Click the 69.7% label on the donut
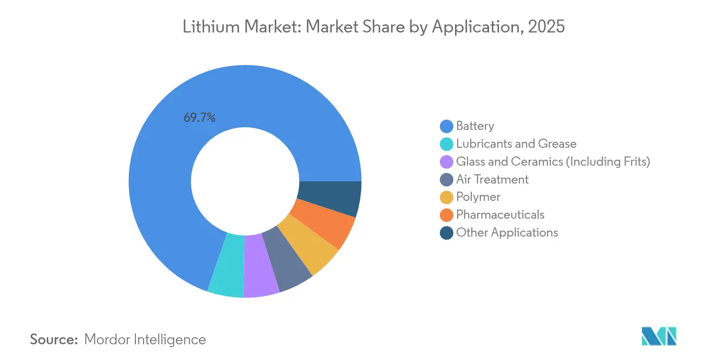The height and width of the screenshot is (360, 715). tap(199, 117)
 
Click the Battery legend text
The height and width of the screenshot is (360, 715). tap(475, 126)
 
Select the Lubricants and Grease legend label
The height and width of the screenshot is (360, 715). tap(516, 144)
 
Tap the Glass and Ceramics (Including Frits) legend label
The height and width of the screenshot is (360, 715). tap(552, 162)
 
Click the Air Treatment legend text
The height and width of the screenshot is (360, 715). tap(492, 179)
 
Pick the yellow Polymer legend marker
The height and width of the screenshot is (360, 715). tap(446, 198)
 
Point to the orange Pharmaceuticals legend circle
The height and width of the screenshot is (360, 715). tap(446, 215)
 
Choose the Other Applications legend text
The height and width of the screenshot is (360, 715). tap(507, 233)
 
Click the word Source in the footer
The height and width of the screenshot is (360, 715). tap(54, 339)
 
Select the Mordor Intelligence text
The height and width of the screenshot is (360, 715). tap(145, 339)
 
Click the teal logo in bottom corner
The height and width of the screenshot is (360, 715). tap(658, 336)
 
